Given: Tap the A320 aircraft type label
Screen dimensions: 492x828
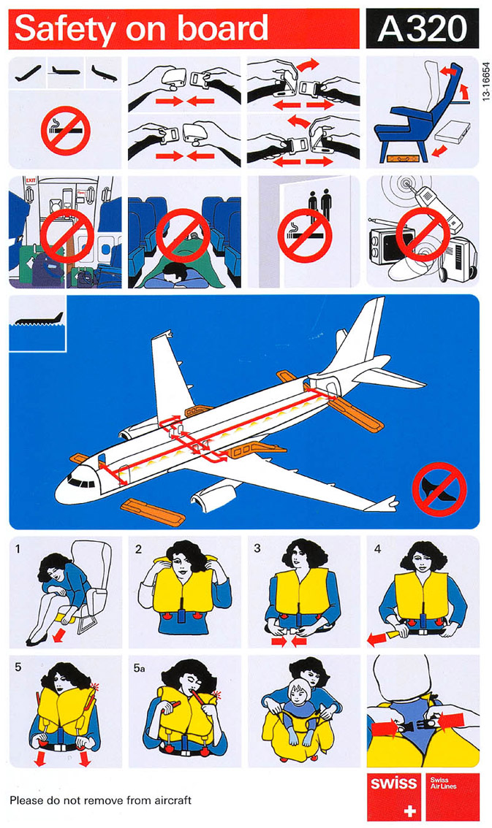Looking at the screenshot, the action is (423, 28).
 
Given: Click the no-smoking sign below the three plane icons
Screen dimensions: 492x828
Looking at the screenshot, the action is (66, 131).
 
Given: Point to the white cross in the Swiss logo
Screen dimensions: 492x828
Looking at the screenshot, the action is (409, 810).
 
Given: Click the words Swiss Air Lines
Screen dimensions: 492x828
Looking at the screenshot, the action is (442, 783).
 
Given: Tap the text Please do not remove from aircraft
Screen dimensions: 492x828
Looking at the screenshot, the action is (100, 800).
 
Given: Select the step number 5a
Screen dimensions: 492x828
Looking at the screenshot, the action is (139, 667).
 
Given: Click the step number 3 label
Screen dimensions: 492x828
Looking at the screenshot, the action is (257, 548).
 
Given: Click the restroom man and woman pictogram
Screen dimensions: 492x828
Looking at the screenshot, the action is (320, 204).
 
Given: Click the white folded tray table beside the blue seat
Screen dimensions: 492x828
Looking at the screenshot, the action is (453, 131).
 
